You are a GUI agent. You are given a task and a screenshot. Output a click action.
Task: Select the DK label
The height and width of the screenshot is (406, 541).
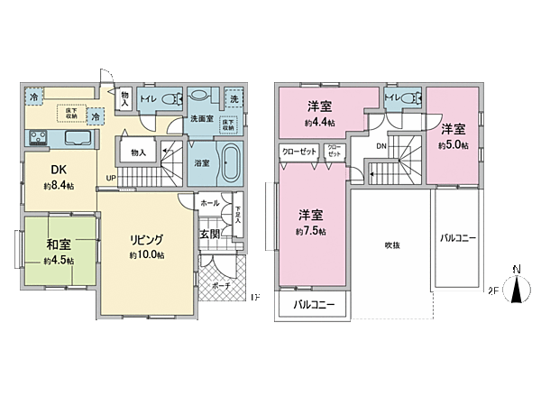[58, 169]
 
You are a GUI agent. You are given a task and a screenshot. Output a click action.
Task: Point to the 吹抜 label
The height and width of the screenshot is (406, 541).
[391, 245]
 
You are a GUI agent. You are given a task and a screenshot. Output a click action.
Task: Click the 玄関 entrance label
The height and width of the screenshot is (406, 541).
[210, 235]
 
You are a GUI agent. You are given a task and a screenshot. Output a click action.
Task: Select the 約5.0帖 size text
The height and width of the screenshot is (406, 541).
[453, 144]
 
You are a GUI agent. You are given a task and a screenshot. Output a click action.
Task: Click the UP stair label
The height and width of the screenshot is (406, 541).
[111, 177]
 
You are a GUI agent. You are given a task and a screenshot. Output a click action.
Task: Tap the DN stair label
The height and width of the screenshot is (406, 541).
[381, 144]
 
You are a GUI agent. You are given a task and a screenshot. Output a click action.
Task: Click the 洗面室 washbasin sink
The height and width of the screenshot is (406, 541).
[200, 97]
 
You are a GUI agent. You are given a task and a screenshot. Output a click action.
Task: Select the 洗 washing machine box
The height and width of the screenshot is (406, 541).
[233, 97]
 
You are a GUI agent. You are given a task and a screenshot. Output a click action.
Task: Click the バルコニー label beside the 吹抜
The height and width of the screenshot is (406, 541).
[458, 238]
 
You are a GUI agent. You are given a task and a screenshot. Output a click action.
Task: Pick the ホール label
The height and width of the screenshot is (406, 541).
[209, 203]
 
